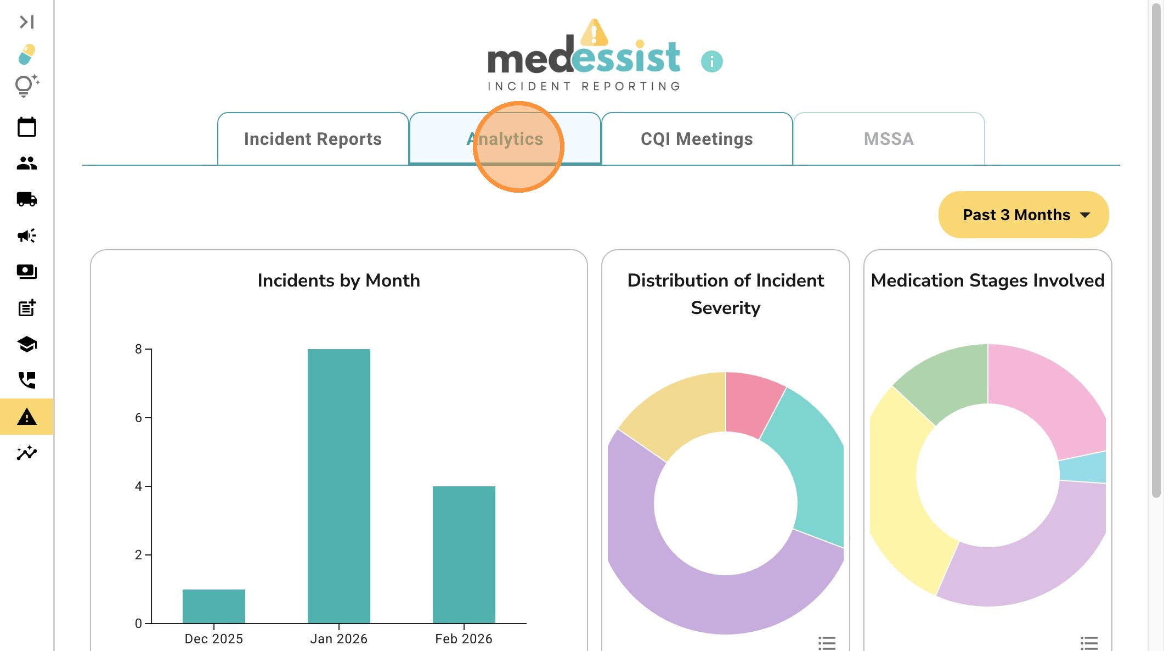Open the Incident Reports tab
pos(313,139)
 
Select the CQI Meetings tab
pos(697,139)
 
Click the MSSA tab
pos(889,139)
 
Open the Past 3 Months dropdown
pos(1024,215)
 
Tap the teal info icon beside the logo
pos(712,61)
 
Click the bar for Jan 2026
pos(339,486)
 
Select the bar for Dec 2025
pos(214,606)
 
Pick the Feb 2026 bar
pos(464,554)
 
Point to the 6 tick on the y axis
pos(139,418)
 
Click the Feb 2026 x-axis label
pos(464,639)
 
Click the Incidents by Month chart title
pos(339,280)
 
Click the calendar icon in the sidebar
pos(27,127)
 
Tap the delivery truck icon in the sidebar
pos(27,199)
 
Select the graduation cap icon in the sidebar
pos(27,344)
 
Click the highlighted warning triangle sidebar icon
pos(27,417)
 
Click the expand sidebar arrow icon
pos(27,22)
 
